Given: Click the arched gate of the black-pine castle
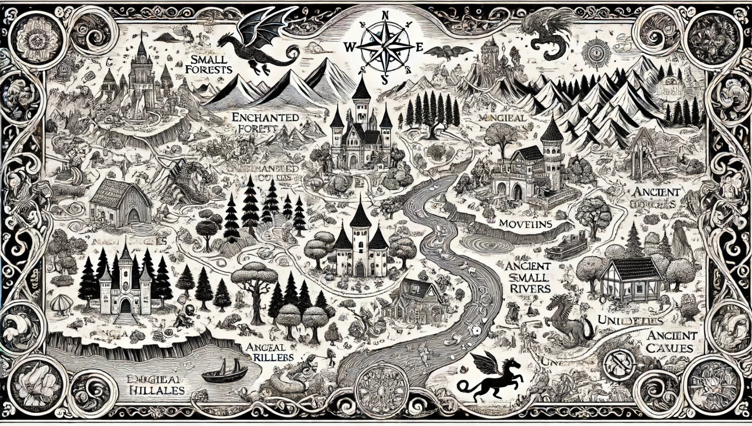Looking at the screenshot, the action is (125, 305).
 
